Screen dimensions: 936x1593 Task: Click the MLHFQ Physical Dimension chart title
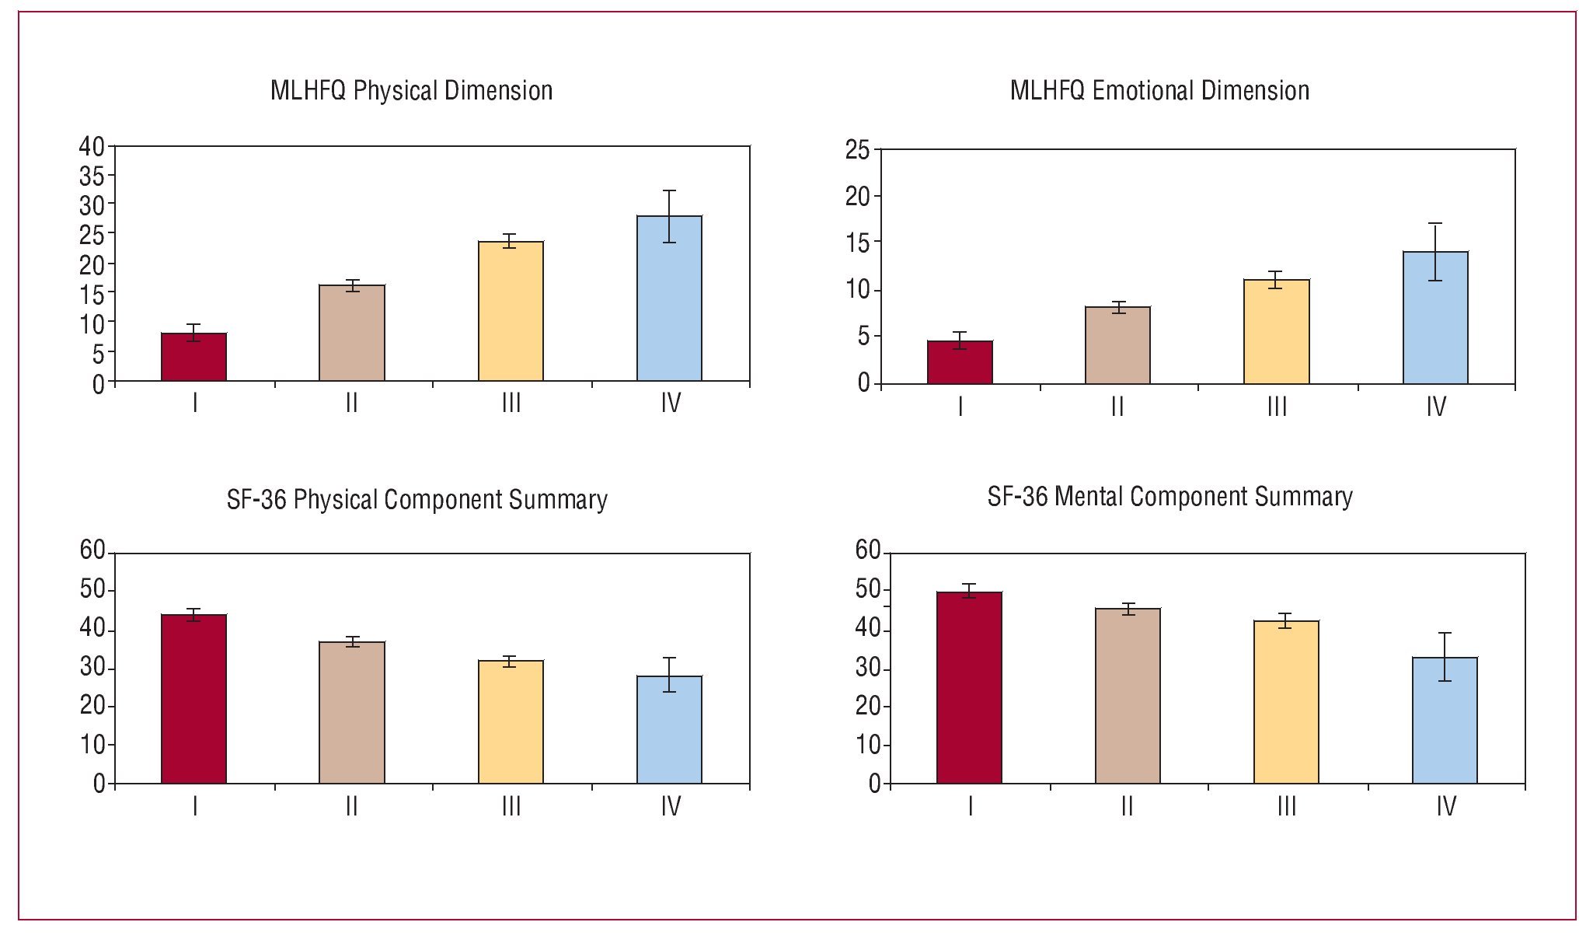coord(411,91)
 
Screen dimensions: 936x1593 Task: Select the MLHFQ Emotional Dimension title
coord(1159,91)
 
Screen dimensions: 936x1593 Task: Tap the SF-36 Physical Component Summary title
coord(417,499)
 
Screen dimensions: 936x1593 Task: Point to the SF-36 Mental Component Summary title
coord(1169,497)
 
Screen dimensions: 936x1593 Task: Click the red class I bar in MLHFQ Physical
coord(193,358)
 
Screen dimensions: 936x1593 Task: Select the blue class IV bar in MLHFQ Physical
coord(669,299)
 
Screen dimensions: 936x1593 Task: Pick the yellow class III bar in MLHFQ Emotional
coord(1276,332)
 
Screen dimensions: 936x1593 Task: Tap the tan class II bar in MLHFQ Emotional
coord(1117,346)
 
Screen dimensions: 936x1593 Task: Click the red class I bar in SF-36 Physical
coord(193,699)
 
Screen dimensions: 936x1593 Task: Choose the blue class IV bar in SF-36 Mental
coord(1445,721)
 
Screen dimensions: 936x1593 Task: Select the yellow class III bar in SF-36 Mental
coord(1286,702)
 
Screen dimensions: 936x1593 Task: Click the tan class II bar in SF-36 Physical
coord(352,713)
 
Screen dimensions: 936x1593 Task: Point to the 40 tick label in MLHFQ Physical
coord(92,146)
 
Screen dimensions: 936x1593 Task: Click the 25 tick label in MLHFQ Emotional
coord(858,150)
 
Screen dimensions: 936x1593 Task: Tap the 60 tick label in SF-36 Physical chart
coord(92,550)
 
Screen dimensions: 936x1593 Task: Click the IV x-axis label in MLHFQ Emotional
coord(1436,407)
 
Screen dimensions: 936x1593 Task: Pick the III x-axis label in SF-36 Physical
coord(511,806)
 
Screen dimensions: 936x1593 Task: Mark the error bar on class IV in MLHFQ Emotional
coord(1434,251)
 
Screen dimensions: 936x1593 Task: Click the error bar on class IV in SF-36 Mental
coord(1445,656)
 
